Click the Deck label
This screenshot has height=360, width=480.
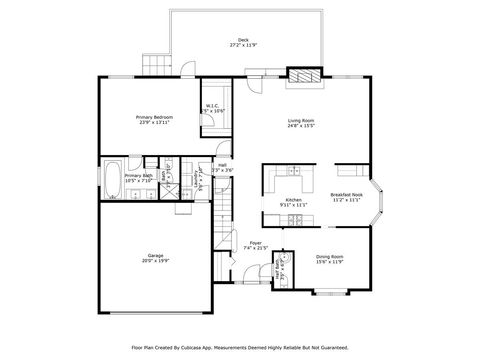click(243, 40)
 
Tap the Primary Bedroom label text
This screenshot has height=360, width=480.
click(155, 117)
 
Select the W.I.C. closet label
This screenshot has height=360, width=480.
click(213, 105)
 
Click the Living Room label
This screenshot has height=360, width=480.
click(301, 121)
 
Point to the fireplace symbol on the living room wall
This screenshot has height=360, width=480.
click(303, 74)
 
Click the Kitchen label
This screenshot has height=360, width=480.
click(294, 199)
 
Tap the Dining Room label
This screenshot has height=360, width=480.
click(330, 257)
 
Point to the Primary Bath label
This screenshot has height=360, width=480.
click(138, 176)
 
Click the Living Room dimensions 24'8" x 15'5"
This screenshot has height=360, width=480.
click(301, 127)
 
